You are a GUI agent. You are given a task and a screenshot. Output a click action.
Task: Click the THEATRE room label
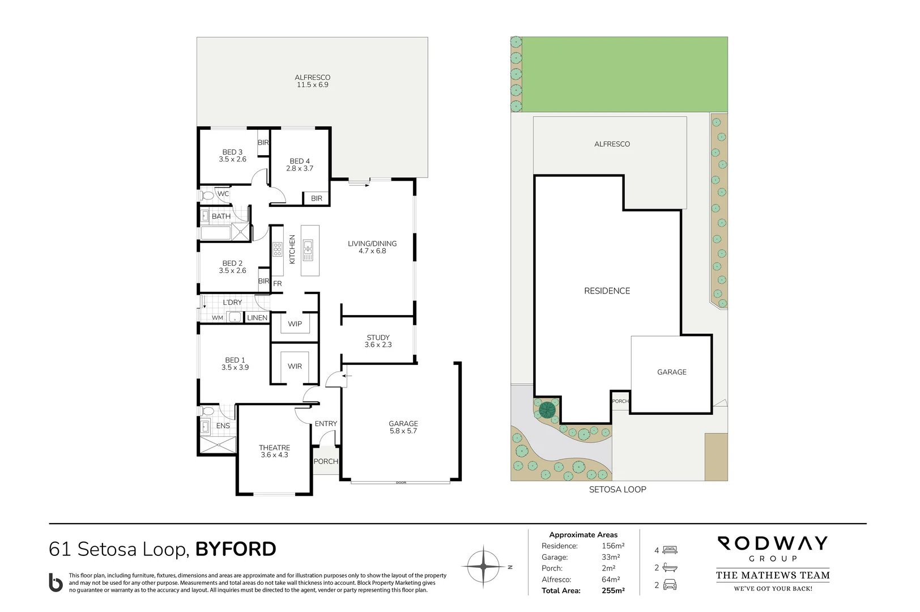click(274, 448)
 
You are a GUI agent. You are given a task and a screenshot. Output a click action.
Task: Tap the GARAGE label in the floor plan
click(403, 423)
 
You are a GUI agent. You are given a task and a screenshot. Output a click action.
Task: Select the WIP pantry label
click(295, 324)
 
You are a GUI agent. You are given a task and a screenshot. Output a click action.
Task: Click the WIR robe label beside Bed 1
click(295, 366)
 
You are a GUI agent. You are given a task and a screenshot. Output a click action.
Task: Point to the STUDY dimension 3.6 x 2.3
click(378, 345)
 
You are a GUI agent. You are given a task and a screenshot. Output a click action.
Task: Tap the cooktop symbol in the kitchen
click(278, 250)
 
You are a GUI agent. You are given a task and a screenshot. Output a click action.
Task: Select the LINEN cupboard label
click(257, 318)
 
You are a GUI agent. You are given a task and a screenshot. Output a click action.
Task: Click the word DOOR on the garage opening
click(401, 483)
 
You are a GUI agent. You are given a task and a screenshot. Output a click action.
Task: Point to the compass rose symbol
click(483, 566)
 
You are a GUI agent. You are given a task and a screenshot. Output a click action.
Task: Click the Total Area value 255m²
click(613, 590)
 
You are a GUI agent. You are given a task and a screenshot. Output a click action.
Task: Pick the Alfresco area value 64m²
click(611, 580)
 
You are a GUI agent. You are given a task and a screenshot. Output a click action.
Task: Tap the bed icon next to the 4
click(670, 550)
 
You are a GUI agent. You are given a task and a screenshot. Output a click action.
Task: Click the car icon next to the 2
click(670, 585)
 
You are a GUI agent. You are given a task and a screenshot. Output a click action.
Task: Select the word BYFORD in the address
click(236, 549)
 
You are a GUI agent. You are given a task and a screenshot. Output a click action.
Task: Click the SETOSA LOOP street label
click(617, 489)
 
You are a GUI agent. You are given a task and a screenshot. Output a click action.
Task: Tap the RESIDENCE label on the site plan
click(607, 291)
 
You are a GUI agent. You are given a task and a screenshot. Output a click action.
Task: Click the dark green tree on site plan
click(547, 410)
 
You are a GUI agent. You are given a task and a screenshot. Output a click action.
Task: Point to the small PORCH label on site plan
click(620, 401)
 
